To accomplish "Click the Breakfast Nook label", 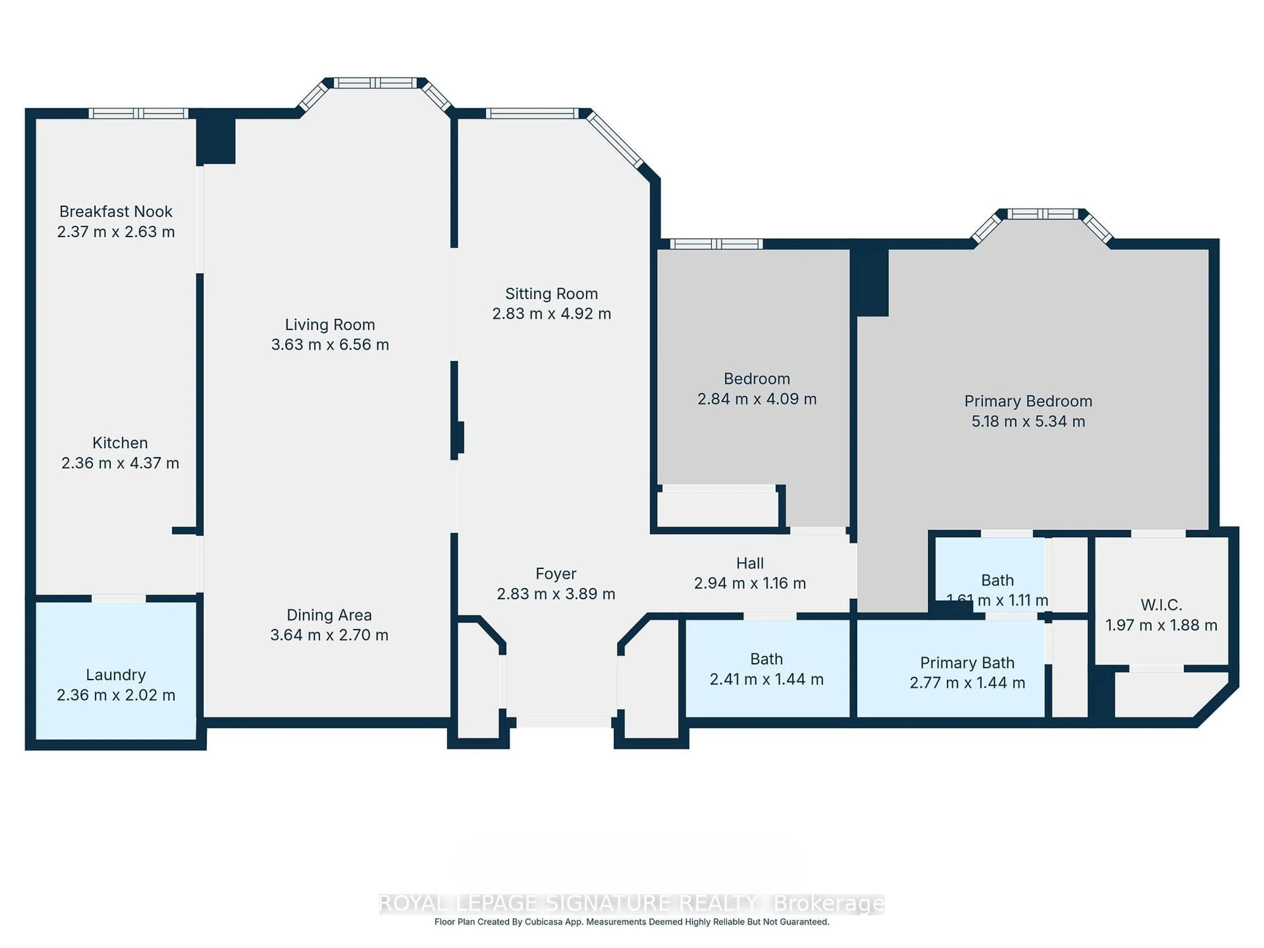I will click(x=116, y=211).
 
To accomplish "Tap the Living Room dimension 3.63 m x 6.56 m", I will click(x=330, y=345).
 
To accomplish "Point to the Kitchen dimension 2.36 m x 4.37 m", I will click(x=120, y=463).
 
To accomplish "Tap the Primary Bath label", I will click(x=967, y=663).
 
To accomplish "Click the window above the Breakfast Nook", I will click(x=138, y=113).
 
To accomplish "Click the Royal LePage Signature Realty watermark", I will click(x=631, y=904).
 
